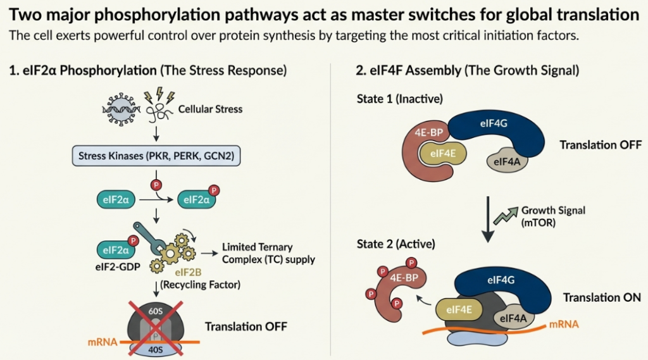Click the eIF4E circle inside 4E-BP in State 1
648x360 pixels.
click(x=443, y=154)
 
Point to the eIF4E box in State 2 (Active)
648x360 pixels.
click(x=459, y=309)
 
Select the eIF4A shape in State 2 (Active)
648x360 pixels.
click(x=516, y=318)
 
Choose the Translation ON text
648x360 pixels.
click(x=600, y=297)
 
